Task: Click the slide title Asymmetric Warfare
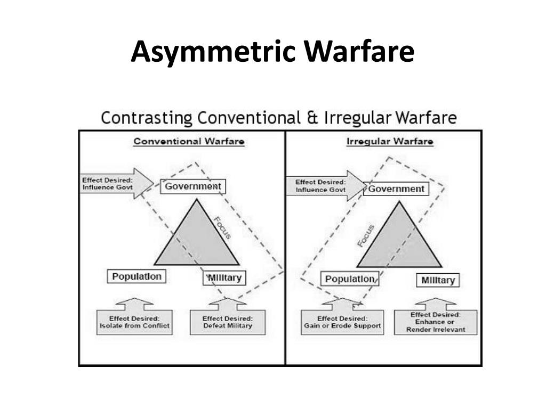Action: tap(272, 52)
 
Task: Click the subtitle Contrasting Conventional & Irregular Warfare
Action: tap(278, 118)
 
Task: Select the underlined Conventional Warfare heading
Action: tap(189, 142)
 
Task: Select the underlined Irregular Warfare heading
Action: tap(390, 142)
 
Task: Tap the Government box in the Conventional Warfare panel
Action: tap(193, 186)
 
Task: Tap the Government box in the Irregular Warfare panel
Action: tap(396, 189)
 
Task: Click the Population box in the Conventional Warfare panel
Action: tap(136, 276)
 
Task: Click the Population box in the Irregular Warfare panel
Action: tap(350, 279)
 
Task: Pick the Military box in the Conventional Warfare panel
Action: tap(224, 278)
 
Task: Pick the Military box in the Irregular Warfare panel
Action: tap(438, 280)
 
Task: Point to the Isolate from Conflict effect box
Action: tap(134, 322)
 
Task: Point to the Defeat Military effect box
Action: tap(228, 322)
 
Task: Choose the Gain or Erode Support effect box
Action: tap(342, 322)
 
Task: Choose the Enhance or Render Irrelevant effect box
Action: tap(436, 322)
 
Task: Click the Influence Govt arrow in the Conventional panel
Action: tap(117, 184)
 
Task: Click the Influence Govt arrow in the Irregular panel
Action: tap(326, 186)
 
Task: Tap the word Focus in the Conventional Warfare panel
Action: tap(222, 228)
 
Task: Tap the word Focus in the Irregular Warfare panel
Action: tap(366, 236)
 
